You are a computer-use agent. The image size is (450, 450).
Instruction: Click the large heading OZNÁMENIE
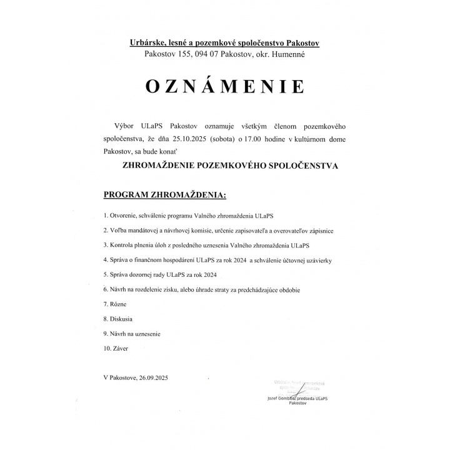click(x=225, y=86)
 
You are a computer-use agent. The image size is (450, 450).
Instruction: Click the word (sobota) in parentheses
click(x=229, y=136)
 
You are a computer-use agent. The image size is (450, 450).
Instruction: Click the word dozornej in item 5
click(x=144, y=275)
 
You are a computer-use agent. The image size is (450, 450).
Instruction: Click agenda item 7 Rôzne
click(x=118, y=304)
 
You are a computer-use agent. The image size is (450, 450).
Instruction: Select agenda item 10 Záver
click(x=121, y=349)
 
